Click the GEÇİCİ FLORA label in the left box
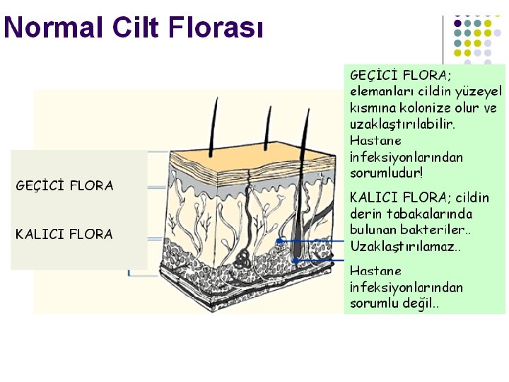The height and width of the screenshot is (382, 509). (64, 186)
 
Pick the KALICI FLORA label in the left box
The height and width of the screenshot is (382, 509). (64, 234)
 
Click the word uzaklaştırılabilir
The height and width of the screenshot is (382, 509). (402, 124)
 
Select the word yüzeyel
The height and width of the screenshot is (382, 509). (480, 91)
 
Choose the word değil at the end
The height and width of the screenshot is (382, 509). (420, 304)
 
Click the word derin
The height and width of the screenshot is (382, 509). (365, 214)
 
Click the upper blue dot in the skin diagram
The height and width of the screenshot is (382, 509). (281, 241)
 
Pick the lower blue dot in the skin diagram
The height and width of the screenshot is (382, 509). (294, 261)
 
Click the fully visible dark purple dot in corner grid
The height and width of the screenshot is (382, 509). (457, 22)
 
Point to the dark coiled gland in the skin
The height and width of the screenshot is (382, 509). (242, 257)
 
